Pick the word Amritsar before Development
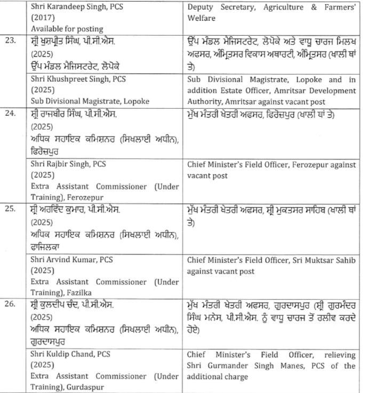286,91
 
